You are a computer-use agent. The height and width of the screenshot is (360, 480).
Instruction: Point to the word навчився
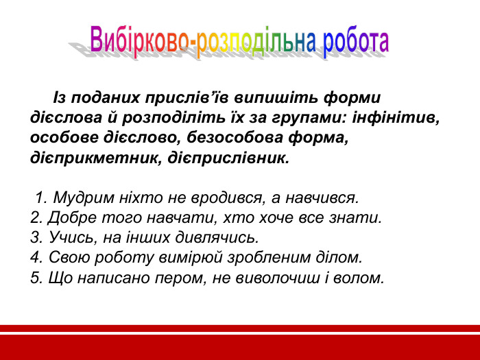322,199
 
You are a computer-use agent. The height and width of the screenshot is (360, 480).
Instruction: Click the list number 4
35,258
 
